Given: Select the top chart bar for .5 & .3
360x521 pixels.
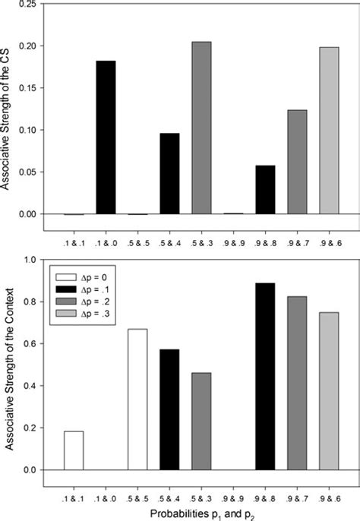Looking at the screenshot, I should click(x=201, y=128).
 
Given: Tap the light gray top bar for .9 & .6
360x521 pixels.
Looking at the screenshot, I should click(x=329, y=131).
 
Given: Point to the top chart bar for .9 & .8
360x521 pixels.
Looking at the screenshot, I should click(x=265, y=190).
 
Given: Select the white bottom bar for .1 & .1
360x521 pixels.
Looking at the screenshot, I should click(x=74, y=450).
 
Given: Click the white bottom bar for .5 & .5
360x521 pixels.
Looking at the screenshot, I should click(x=137, y=399).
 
